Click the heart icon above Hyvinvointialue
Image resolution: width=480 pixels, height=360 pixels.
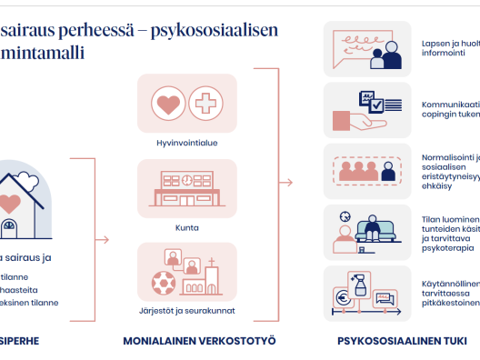click(168, 104)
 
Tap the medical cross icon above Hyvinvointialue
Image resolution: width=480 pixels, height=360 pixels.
click(206, 104)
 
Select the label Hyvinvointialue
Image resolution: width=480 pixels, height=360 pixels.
click(186, 142)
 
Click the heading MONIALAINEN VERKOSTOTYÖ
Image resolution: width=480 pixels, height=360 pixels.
click(199, 342)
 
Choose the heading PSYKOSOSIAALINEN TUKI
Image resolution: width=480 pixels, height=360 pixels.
click(395, 342)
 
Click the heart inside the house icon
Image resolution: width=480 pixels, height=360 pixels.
click(9, 203)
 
